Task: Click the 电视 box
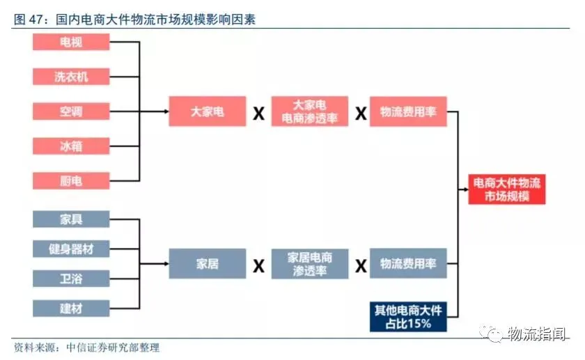[x=71, y=42]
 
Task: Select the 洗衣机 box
[x=71, y=76]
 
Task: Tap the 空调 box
[x=71, y=111]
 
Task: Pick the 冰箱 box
[x=71, y=146]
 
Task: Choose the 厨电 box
[x=71, y=181]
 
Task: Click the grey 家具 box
[x=71, y=219]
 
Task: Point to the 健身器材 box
[x=71, y=249]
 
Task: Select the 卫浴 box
[x=71, y=279]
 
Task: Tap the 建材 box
[x=71, y=308]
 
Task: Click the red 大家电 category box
[x=208, y=111]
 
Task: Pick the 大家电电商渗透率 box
[x=310, y=111]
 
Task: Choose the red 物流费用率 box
[x=407, y=111]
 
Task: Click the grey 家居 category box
[x=208, y=264]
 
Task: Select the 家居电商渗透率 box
[x=310, y=264]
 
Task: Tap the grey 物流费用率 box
[x=407, y=264]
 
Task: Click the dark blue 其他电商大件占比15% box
[x=407, y=316]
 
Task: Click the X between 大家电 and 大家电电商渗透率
[x=258, y=113]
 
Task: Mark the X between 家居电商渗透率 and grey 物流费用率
[x=361, y=265]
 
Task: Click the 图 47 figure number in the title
[x=29, y=19]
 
